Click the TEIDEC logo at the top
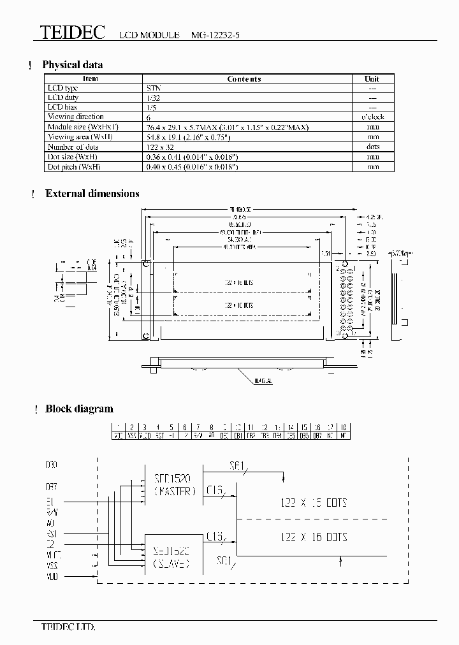73,33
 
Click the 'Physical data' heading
72,64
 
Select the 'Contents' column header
244,79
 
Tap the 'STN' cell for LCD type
153,89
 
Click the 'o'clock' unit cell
373,117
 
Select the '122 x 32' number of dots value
160,147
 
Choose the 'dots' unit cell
373,147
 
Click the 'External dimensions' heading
92,194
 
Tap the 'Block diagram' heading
79,409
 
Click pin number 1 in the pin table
118,427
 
